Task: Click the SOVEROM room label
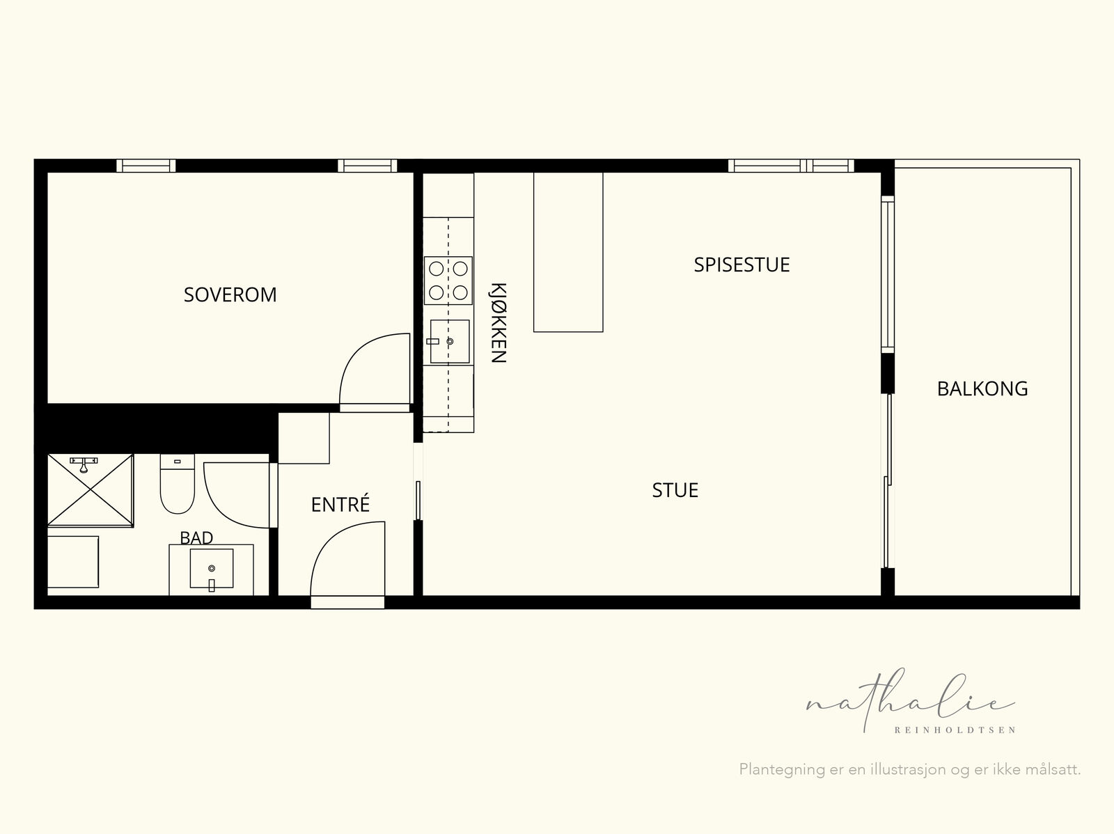230,294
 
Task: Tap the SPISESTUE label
742,265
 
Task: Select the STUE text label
675,490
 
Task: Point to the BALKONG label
982,388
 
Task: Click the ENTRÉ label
340,504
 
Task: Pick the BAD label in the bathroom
196,537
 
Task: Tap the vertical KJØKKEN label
499,322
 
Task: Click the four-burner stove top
448,281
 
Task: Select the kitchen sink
449,341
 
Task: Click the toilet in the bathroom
177,484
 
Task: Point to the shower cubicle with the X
91,490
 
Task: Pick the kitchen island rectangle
568,252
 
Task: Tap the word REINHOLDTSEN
955,730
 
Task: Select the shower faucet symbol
84,464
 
